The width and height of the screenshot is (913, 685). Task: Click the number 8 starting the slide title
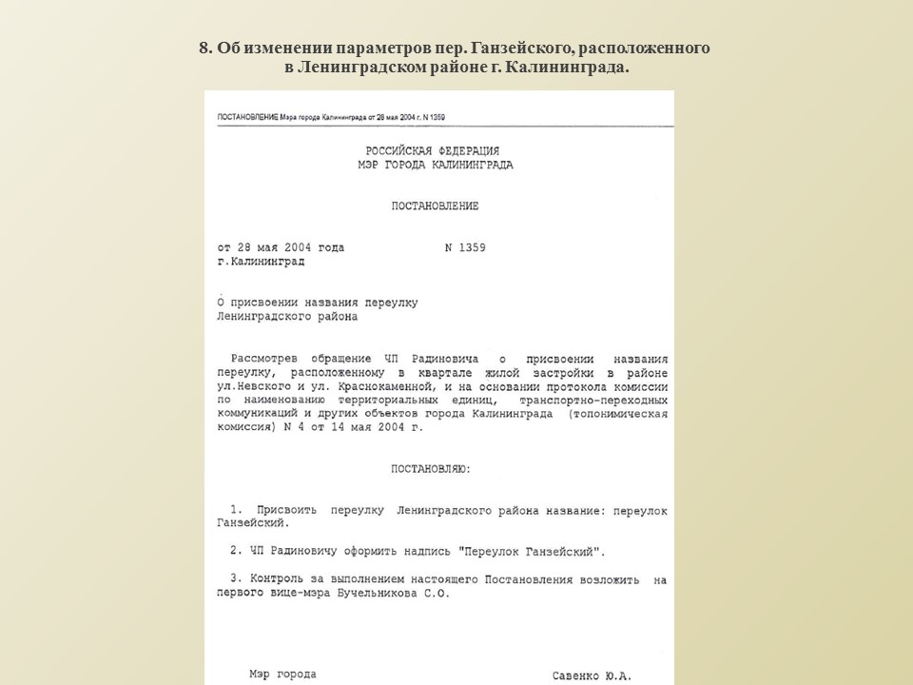click(x=204, y=49)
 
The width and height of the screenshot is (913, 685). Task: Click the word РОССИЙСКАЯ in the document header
click(x=398, y=151)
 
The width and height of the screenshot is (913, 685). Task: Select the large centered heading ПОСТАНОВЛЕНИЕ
click(x=435, y=206)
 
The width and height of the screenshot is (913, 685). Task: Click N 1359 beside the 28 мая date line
click(x=465, y=247)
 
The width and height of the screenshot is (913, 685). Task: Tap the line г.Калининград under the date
click(x=261, y=261)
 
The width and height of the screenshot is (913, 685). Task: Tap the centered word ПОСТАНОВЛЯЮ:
click(x=431, y=469)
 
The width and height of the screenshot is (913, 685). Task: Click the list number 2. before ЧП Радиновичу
click(x=235, y=551)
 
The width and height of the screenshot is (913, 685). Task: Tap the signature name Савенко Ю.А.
click(x=592, y=675)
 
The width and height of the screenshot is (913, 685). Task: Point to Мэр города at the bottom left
click(x=282, y=674)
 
